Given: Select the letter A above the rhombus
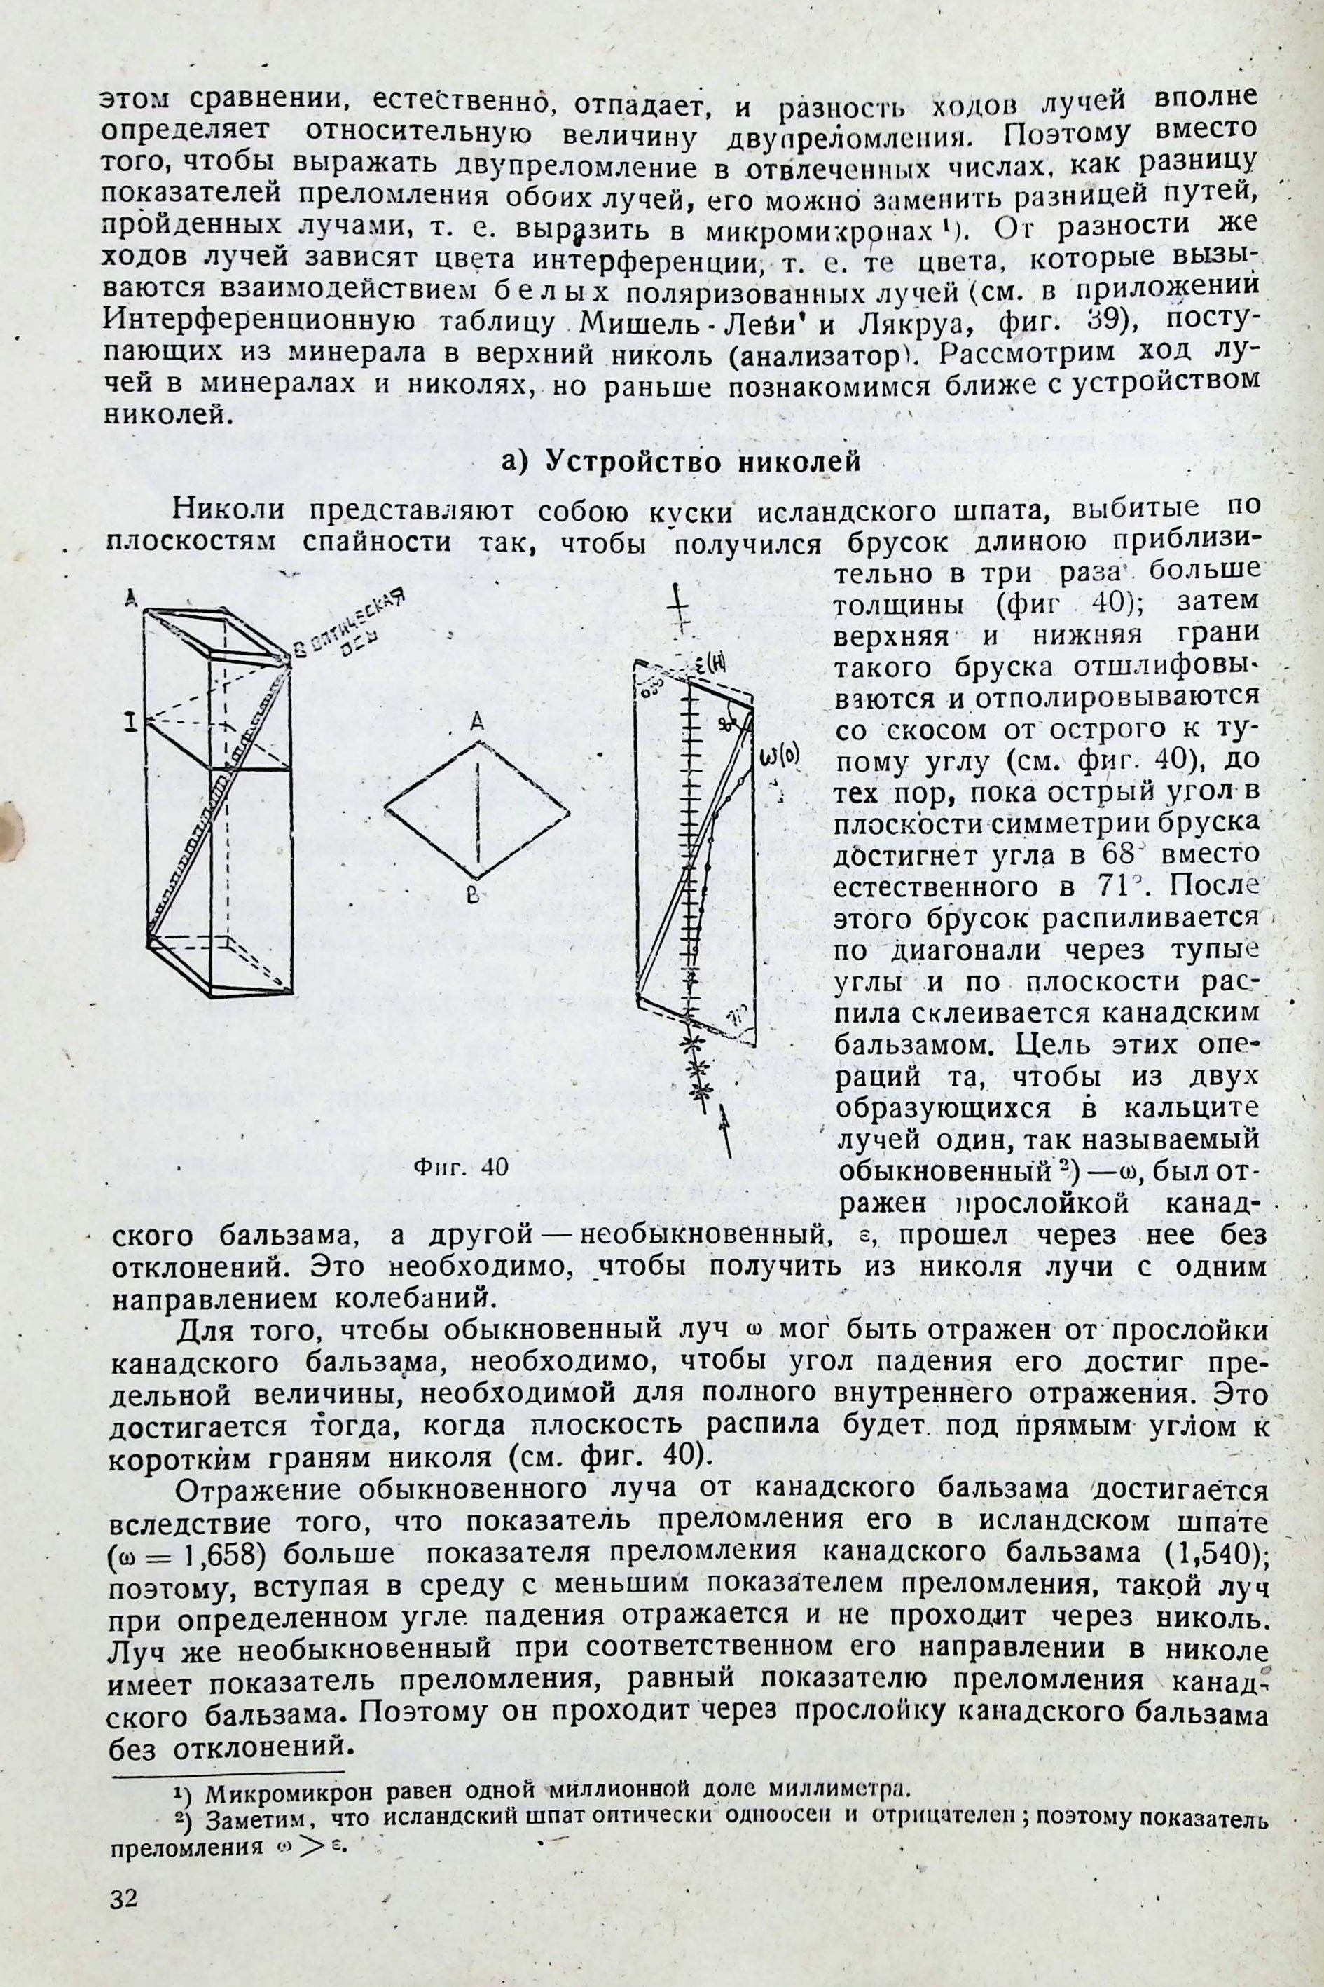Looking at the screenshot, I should (477, 721).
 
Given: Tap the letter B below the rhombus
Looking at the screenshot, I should (474, 894).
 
